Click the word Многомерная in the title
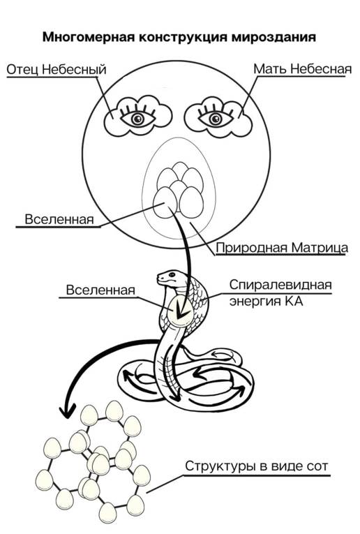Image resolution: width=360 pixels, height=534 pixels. click(89, 37)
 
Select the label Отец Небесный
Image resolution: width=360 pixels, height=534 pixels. click(57, 70)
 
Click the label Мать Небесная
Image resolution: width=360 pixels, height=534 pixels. click(303, 69)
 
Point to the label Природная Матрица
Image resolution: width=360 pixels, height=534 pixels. click(282, 248)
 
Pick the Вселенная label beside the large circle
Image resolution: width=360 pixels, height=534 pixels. click(59, 219)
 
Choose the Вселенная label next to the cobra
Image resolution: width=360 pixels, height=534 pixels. click(100, 290)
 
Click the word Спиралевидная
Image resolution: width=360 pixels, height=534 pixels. click(280, 285)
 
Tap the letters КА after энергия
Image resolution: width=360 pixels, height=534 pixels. click(290, 302)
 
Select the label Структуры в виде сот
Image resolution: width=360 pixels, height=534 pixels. click(257, 466)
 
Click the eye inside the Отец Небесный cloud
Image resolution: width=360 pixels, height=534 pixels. click(137, 118)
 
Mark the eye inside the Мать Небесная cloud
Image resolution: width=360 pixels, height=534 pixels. click(216, 118)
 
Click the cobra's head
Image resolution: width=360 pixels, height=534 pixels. click(172, 277)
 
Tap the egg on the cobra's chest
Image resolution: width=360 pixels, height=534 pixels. click(180, 311)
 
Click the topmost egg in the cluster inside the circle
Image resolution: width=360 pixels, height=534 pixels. click(179, 170)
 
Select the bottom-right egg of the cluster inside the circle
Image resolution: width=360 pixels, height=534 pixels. click(191, 202)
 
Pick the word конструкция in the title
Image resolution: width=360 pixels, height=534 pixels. click(183, 37)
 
